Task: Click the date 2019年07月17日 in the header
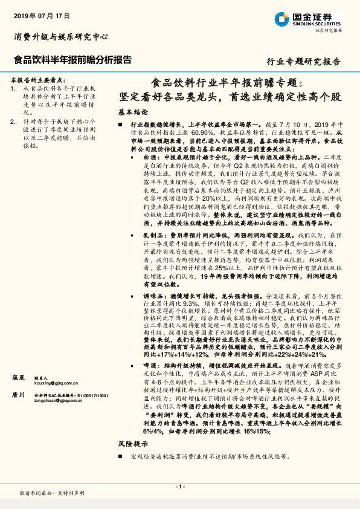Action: click(x=42, y=14)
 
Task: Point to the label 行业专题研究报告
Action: click(x=303, y=62)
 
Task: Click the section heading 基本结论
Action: click(x=133, y=112)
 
